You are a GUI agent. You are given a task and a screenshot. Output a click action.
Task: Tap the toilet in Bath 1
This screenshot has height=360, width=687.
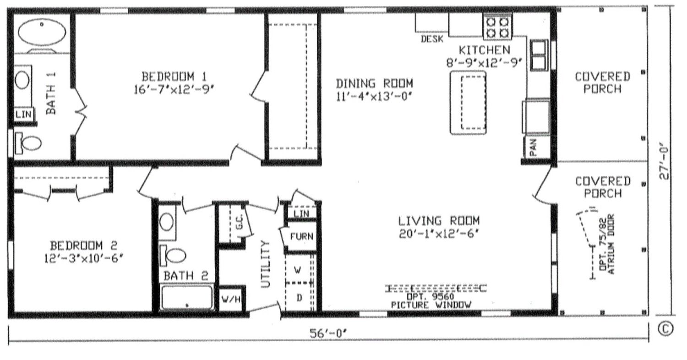click(28, 143)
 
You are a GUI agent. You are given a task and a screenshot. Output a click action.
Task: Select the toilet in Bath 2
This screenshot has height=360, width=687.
click(173, 256)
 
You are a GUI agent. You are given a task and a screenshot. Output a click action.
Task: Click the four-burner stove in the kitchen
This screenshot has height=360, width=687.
click(497, 27)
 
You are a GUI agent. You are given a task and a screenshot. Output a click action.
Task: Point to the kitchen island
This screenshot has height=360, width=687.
click(468, 103)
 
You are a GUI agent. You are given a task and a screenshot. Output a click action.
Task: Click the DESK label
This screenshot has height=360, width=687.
click(432, 39)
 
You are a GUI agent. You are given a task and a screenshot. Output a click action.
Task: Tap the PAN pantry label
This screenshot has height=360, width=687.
click(534, 147)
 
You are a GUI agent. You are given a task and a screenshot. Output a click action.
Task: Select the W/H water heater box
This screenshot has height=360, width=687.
click(232, 299)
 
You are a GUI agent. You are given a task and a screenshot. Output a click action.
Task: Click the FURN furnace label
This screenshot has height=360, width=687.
click(302, 236)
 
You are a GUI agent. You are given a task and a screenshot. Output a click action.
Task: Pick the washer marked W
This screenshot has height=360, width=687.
click(298, 270)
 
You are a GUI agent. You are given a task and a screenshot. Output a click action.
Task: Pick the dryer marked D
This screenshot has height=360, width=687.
click(299, 297)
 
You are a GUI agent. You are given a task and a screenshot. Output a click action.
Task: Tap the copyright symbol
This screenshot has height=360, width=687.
click(666, 329)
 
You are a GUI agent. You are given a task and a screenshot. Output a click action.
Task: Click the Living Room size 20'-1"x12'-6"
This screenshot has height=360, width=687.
click(439, 235)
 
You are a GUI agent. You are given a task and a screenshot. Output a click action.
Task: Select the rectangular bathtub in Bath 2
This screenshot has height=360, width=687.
click(187, 297)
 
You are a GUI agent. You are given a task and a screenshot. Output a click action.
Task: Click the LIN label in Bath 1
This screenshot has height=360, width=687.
click(23, 114)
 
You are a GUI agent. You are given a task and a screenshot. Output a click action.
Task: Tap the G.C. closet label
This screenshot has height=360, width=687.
click(239, 221)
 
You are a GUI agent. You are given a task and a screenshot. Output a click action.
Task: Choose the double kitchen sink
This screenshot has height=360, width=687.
click(539, 55)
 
